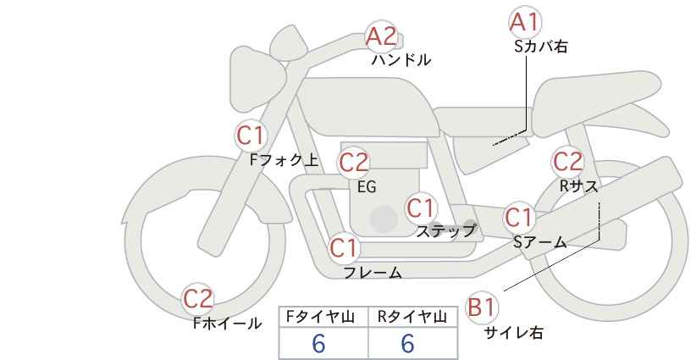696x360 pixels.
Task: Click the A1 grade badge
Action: click(525, 21)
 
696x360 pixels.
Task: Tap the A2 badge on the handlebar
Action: click(381, 36)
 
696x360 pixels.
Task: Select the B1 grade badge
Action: click(483, 307)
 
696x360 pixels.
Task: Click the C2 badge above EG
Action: click(354, 162)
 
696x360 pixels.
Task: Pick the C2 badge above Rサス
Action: click(567, 160)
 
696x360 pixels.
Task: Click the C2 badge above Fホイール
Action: click(199, 298)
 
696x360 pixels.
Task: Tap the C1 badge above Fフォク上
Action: click(251, 135)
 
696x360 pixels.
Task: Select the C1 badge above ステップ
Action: click(421, 208)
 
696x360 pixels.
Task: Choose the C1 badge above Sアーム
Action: click(519, 218)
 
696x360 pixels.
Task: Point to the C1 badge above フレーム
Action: click(345, 249)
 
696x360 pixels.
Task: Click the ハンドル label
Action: click(401, 60)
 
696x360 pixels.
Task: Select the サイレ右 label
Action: click(513, 333)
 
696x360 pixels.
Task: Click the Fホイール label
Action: click(227, 323)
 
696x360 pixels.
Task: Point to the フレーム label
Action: click(373, 273)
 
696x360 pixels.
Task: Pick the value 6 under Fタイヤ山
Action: click(318, 343)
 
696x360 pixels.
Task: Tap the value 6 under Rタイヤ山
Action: click(407, 343)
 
